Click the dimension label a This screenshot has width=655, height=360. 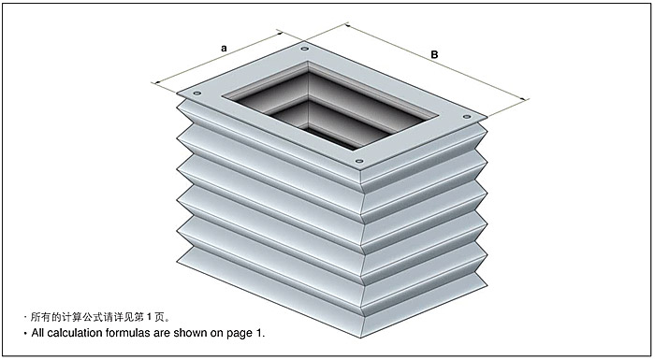224,49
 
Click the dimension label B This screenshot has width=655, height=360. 434,55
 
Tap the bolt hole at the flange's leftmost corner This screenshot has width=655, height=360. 197,94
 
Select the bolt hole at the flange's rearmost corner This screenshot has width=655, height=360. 304,49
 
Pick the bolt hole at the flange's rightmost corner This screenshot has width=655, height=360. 467,117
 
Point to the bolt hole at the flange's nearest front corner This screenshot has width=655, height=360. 358,161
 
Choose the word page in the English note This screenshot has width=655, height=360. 239,334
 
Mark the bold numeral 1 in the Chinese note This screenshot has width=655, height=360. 149,317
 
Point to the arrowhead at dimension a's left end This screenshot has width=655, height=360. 156,82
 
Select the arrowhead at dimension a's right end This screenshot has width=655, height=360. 281,32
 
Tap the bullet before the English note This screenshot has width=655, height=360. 25,334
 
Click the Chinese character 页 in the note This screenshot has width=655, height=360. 159,317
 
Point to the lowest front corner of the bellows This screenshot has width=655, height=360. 361,338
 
